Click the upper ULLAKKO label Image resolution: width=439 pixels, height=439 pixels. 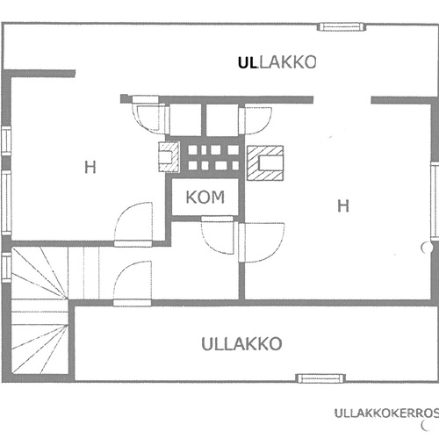(277, 62)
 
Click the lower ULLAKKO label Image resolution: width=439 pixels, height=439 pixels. (241, 343)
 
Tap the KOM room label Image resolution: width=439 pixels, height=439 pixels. (205, 197)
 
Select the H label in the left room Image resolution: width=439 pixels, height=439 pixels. (90, 168)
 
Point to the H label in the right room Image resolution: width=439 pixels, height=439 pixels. (343, 205)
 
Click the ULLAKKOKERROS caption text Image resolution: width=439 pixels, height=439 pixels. (386, 414)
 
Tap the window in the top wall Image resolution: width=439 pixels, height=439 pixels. (342, 27)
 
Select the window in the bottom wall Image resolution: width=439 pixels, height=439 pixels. (320, 378)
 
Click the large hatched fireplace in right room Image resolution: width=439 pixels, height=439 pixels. (265, 163)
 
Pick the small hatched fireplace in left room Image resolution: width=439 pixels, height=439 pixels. (169, 157)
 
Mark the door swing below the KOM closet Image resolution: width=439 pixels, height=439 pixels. (218, 234)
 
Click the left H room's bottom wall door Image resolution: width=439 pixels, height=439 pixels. (133, 224)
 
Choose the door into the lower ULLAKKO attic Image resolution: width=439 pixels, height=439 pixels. (133, 284)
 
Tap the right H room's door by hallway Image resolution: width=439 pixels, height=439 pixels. (261, 242)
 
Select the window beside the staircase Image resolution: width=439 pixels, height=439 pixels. (6, 268)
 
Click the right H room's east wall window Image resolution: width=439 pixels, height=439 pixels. (435, 200)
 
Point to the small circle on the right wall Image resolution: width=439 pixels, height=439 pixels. (427, 248)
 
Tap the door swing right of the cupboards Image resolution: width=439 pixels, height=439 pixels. (255, 120)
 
